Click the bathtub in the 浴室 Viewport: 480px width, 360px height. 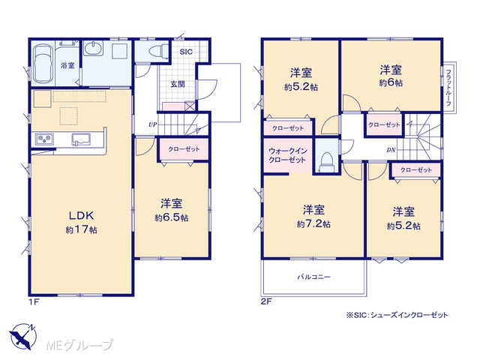42,64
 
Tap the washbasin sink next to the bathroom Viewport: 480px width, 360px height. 93,49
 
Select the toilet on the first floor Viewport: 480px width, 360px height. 158,51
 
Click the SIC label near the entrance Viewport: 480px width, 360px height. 186,52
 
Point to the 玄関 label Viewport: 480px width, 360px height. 178,84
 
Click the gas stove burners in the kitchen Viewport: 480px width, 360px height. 45,139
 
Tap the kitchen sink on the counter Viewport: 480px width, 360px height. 81,139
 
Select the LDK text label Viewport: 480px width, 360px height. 81,216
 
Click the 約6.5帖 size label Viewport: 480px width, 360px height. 172,218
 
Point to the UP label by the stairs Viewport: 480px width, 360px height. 153,124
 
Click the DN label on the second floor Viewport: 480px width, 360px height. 391,150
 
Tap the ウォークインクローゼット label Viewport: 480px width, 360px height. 287,155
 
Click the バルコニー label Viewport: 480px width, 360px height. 314,277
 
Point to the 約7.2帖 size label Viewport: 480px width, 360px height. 313,224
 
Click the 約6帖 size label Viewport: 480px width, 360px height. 391,83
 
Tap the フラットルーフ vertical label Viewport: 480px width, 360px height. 448,88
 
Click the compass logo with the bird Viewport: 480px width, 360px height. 22,337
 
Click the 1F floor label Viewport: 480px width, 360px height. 34,301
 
